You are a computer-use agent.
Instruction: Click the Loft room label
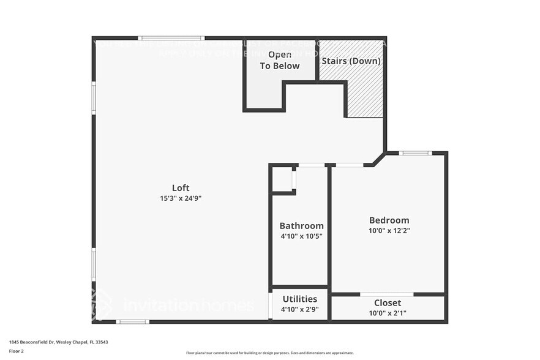180,188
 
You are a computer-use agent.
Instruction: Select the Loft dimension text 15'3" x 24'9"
180,198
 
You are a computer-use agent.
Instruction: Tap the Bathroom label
301,226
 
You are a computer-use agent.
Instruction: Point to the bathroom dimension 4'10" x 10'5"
301,236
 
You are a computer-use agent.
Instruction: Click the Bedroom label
389,220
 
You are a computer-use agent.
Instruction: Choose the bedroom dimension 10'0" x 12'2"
389,231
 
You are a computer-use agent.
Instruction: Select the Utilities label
299,299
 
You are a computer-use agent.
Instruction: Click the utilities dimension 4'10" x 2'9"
299,309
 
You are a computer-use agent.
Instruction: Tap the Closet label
388,303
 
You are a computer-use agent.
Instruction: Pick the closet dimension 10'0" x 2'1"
388,313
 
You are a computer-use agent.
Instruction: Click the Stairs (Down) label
351,61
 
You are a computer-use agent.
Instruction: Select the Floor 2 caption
17,351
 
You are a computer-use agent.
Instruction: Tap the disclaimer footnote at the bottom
269,353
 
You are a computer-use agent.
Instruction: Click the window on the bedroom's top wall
415,153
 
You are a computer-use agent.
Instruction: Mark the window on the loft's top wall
171,38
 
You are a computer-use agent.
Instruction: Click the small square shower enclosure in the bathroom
283,179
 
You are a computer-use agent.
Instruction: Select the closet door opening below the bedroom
386,294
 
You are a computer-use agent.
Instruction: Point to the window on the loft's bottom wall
132,321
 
